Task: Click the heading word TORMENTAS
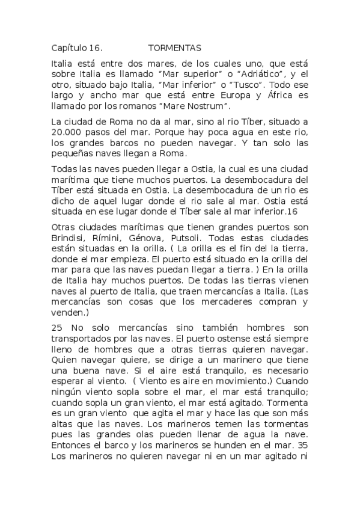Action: (x=174, y=47)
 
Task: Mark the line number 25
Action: (x=57, y=327)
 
